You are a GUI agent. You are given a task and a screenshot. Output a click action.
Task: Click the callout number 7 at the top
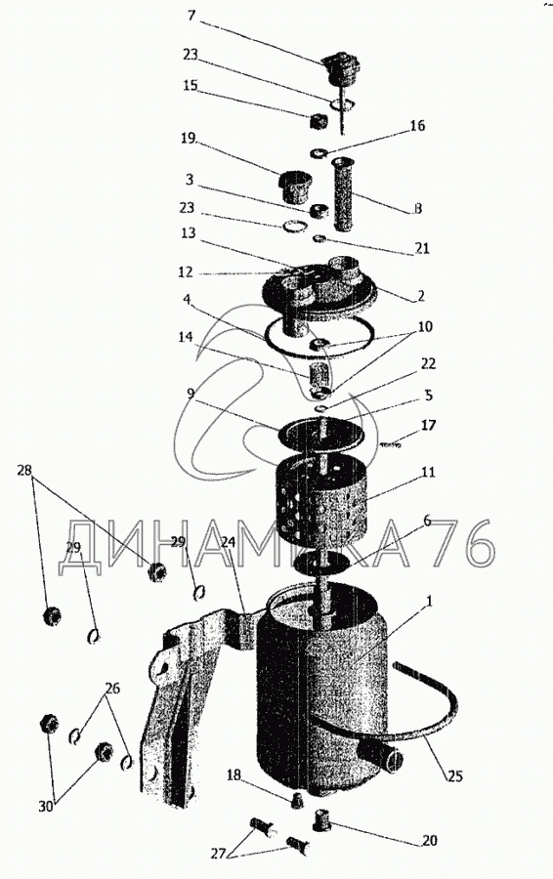[191, 15]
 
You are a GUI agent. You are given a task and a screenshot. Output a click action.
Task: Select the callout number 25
[455, 776]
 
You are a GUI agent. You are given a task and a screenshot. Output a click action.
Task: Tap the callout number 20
[430, 840]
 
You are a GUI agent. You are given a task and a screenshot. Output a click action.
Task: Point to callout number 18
[234, 774]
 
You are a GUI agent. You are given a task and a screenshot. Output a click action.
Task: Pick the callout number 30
[47, 806]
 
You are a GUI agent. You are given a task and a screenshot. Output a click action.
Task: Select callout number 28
[25, 470]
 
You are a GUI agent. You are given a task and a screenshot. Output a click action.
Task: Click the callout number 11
[428, 472]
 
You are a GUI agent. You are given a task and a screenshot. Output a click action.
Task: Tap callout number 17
[428, 426]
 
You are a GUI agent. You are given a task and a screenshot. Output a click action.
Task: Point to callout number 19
[189, 138]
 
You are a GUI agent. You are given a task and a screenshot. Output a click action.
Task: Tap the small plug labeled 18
[297, 801]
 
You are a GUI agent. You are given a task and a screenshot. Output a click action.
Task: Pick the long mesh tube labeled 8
[342, 194]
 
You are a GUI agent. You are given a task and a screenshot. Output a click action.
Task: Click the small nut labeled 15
[319, 120]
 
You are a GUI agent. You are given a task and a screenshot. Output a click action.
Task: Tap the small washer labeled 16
[318, 152]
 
